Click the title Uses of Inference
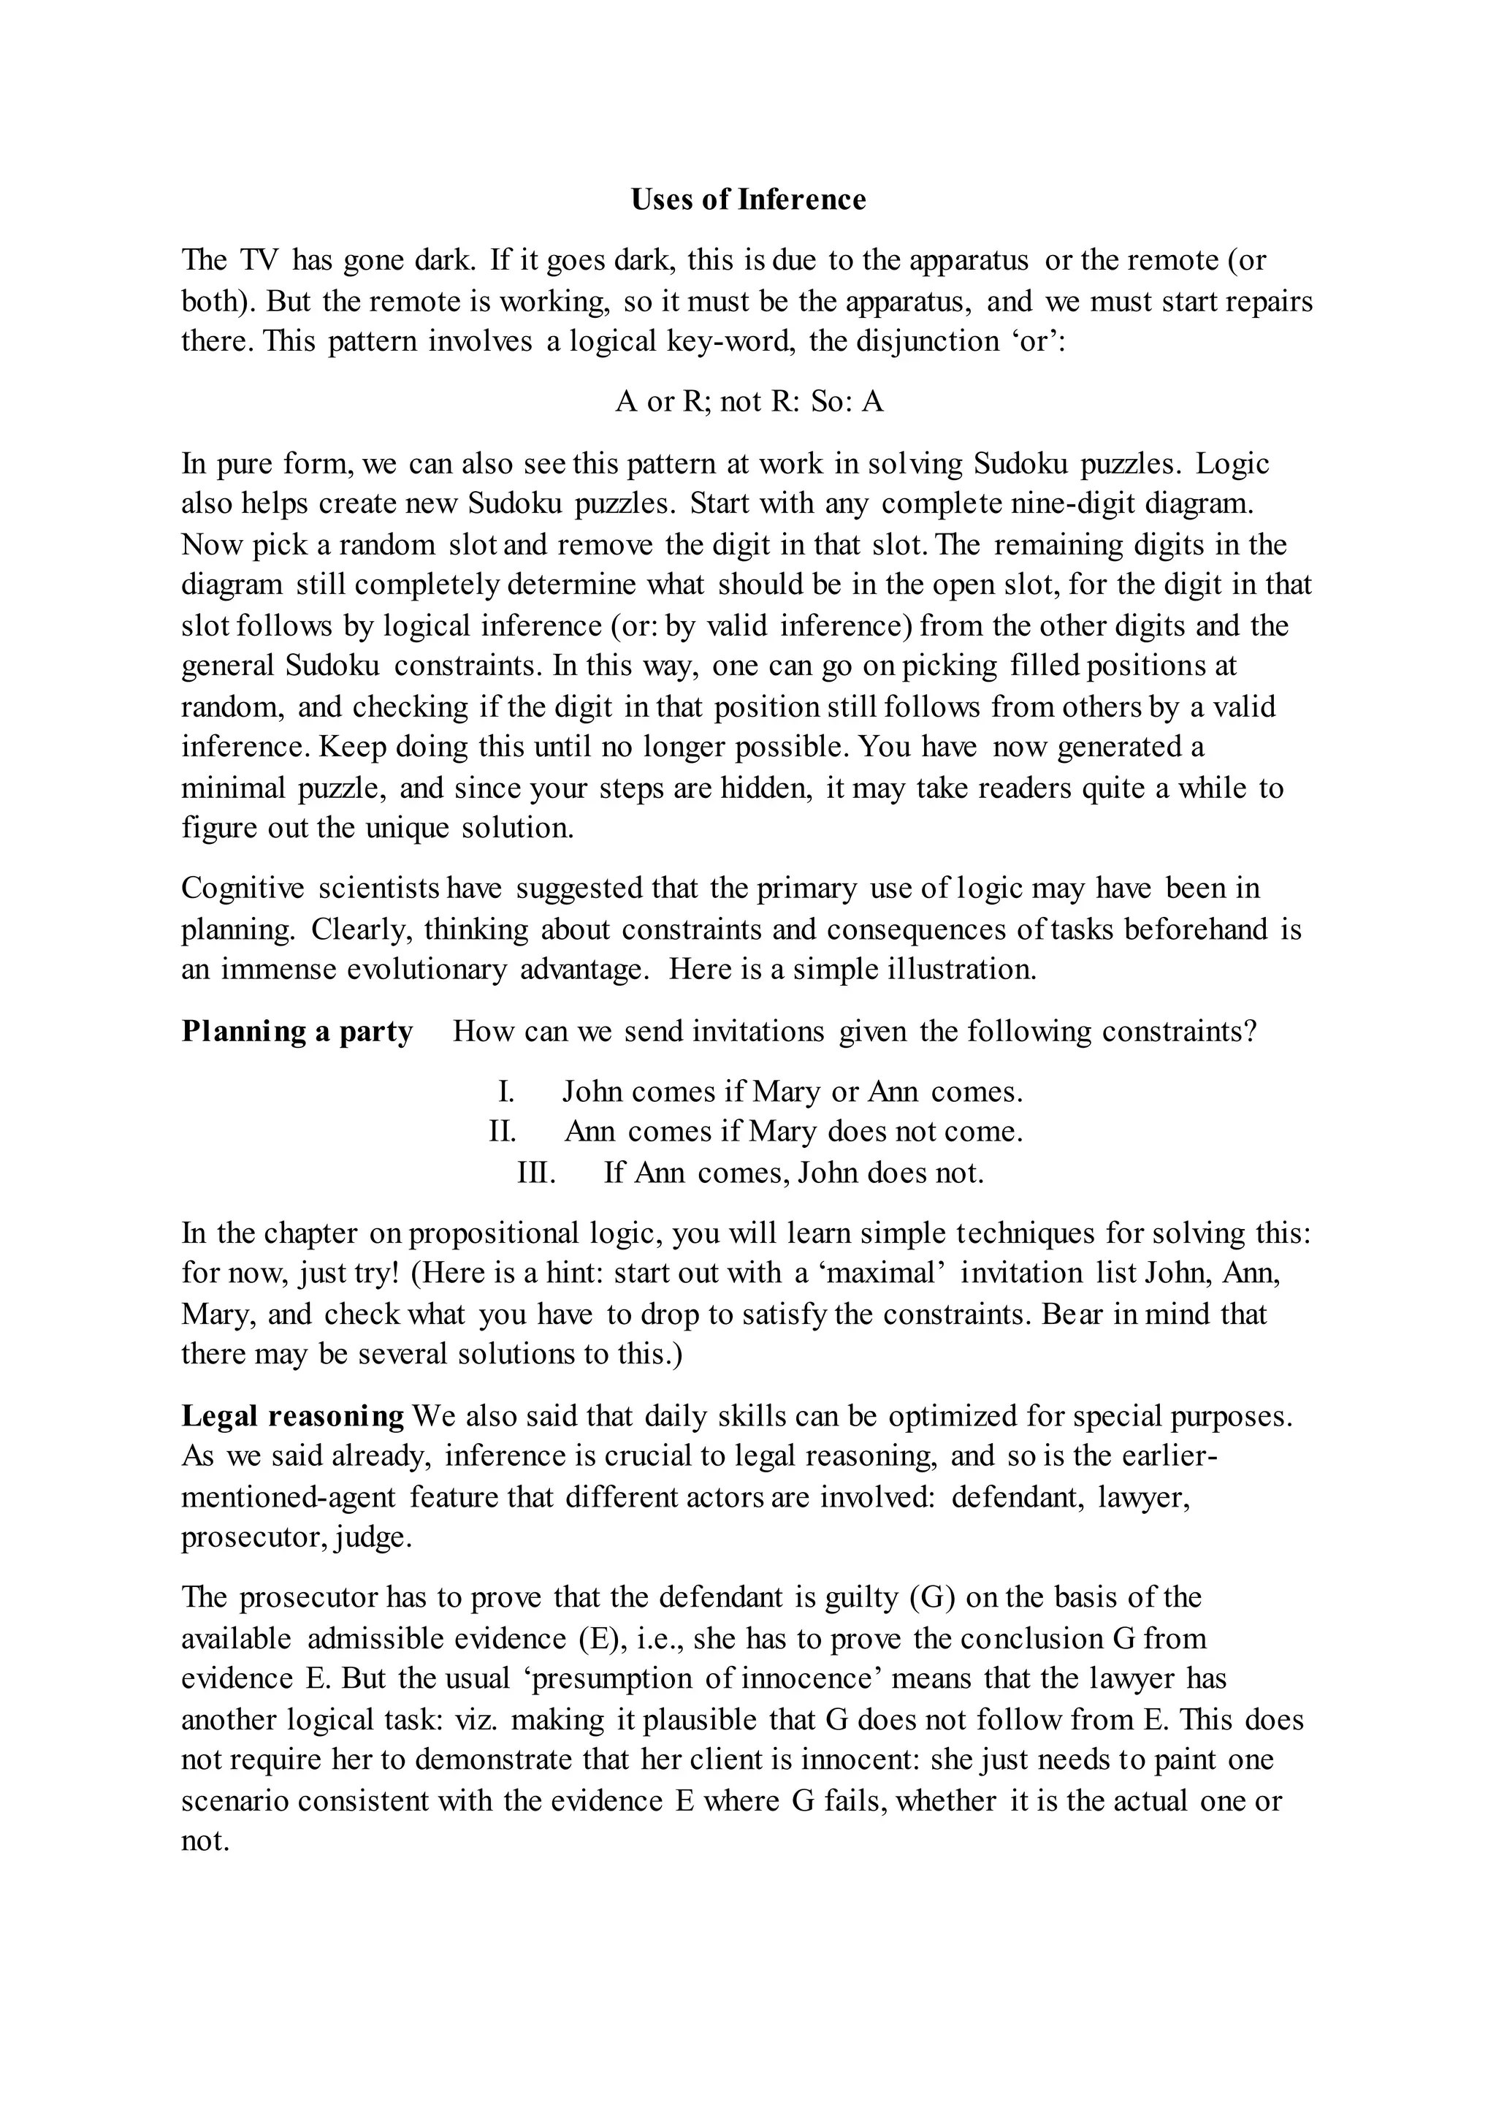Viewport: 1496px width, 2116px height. click(x=748, y=200)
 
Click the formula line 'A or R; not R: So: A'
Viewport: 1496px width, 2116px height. click(x=748, y=402)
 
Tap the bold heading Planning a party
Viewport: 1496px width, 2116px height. click(x=297, y=1031)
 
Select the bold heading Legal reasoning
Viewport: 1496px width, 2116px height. click(x=292, y=1415)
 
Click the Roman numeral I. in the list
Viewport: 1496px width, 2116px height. click(x=505, y=1092)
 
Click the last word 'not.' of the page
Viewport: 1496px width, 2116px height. click(x=205, y=1841)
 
